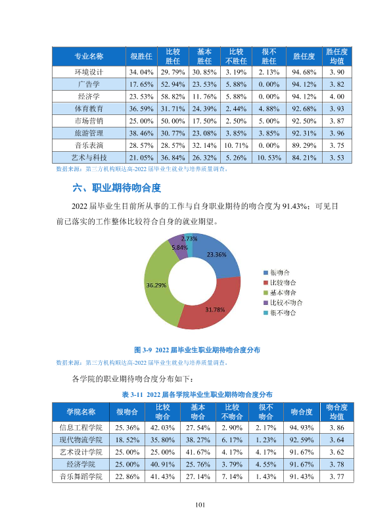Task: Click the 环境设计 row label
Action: (89, 72)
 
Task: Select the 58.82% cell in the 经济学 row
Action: (173, 97)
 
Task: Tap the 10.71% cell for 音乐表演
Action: (236, 146)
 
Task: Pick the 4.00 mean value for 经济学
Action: (337, 97)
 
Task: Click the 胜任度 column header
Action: (304, 57)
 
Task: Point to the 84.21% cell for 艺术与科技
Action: (304, 158)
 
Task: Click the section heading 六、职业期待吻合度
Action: (116, 188)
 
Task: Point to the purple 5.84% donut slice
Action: (178, 246)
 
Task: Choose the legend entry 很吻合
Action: (277, 273)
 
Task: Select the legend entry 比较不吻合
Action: (283, 303)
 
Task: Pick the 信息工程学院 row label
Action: (81, 428)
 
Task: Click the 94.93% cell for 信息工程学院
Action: (302, 428)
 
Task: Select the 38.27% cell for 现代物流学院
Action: (198, 440)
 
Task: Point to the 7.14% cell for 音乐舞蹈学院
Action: (232, 476)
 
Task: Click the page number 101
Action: (200, 505)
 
